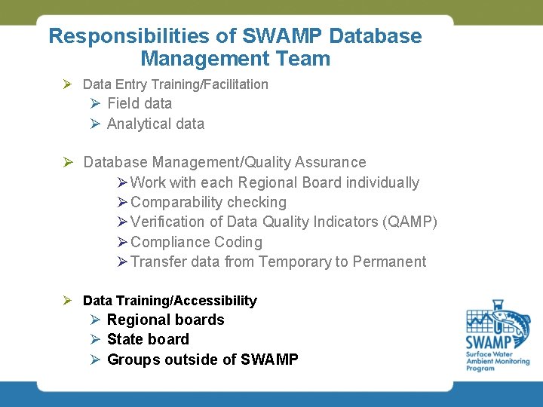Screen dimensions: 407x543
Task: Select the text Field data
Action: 140,104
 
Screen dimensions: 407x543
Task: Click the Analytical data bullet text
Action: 155,124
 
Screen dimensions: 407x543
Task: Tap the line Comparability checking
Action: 208,202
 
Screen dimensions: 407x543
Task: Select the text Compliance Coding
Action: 196,242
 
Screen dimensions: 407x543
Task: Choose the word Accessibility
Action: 217,301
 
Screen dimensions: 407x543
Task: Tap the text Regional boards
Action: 166,320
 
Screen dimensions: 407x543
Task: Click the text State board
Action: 148,340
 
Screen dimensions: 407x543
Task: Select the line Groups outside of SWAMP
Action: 203,360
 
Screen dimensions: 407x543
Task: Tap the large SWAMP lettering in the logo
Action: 489,343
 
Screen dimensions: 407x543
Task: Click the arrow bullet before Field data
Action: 96,104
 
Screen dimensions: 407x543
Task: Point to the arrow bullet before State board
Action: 96,340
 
